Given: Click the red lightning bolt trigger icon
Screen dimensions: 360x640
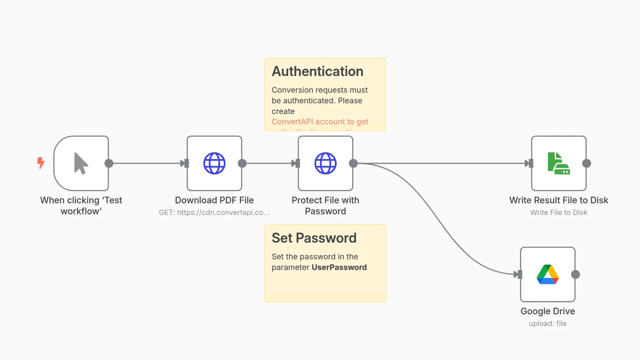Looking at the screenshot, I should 41,163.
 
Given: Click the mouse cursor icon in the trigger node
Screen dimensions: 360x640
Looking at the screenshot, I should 81,163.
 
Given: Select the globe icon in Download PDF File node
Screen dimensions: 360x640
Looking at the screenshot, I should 214,163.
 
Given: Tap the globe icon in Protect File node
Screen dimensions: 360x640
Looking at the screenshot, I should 325,163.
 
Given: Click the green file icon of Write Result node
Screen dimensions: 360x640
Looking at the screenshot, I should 559,163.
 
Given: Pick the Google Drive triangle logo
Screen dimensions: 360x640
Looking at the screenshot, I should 548,274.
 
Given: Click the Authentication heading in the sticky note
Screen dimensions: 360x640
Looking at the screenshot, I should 317,71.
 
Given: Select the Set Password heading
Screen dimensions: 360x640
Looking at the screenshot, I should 314,238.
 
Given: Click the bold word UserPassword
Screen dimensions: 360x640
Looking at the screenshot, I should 339,267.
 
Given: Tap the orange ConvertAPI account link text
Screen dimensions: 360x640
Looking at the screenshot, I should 320,122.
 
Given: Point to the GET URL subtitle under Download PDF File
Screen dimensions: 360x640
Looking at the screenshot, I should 214,213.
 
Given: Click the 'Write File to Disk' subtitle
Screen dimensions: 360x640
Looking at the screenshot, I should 559,213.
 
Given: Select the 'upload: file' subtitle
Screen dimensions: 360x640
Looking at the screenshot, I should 548,324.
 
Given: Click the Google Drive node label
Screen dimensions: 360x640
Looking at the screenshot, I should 548,311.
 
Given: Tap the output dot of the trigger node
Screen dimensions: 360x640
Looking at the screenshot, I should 109,163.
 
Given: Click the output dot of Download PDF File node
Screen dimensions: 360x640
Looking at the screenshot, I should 242,163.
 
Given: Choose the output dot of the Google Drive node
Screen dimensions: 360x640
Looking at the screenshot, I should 576,274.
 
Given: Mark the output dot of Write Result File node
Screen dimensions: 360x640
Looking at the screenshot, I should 587,163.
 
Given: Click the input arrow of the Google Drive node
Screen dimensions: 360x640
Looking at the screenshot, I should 517,274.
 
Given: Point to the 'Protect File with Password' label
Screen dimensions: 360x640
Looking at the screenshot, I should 325,206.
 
